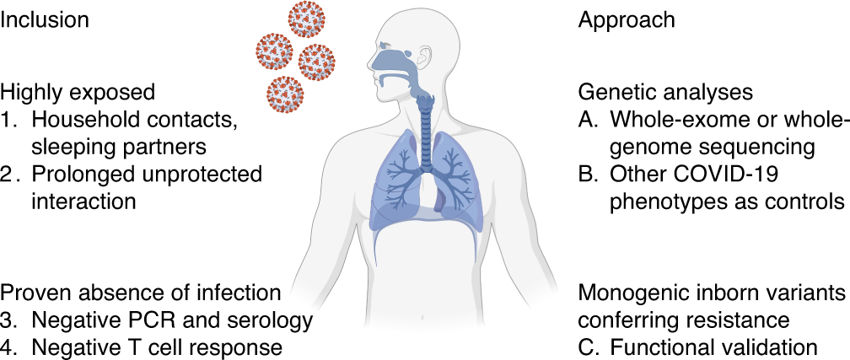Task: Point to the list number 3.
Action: pos(8,320)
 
